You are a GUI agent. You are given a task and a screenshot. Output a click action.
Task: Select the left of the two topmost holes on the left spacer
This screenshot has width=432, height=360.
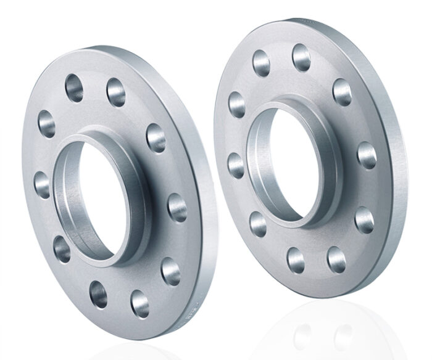point(75,88)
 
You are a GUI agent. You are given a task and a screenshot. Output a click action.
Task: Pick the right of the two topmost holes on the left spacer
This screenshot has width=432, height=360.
point(116,92)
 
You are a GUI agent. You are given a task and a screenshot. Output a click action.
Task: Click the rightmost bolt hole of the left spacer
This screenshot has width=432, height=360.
point(177,208)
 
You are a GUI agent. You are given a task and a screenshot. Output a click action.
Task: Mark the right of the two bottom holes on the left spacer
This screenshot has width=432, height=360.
point(140,304)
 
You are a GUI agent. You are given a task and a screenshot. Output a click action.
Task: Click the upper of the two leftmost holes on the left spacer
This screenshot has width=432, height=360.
point(46,123)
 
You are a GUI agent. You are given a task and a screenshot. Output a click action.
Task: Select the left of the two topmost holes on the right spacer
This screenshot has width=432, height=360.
point(262,62)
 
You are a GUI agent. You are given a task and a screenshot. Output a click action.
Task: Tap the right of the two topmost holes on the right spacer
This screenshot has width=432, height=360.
point(302,57)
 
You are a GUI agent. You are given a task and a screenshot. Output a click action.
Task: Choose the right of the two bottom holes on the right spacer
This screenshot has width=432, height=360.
point(337,260)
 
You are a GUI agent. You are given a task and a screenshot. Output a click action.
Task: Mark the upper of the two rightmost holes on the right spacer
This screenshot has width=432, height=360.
point(367,155)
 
